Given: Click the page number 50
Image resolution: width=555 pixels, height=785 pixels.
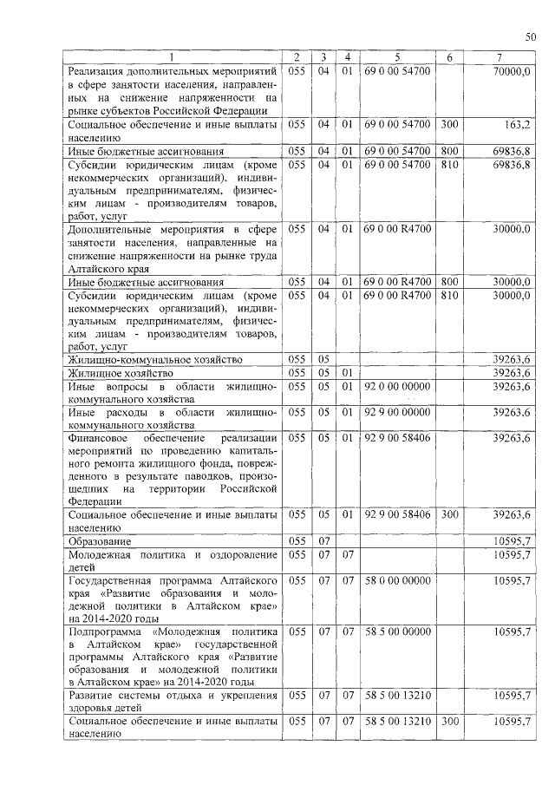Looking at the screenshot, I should pos(531,36).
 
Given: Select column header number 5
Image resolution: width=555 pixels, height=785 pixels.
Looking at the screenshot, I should pos(396,57).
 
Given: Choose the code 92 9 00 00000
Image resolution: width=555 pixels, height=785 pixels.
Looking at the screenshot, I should pos(397,412).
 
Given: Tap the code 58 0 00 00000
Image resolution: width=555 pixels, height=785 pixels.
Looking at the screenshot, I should pos(397,578).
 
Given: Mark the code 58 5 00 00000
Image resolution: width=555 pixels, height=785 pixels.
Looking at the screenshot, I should pos(397,631).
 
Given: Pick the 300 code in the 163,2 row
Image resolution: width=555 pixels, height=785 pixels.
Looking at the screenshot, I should pos(449,125).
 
